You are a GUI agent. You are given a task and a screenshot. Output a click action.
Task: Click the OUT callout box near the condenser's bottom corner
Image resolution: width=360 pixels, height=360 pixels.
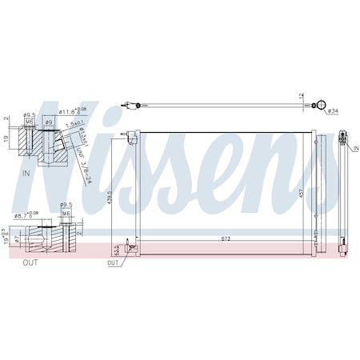[x=113, y=262]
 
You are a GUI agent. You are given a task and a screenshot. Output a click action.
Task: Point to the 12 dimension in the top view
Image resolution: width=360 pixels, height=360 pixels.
[x=301, y=97]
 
